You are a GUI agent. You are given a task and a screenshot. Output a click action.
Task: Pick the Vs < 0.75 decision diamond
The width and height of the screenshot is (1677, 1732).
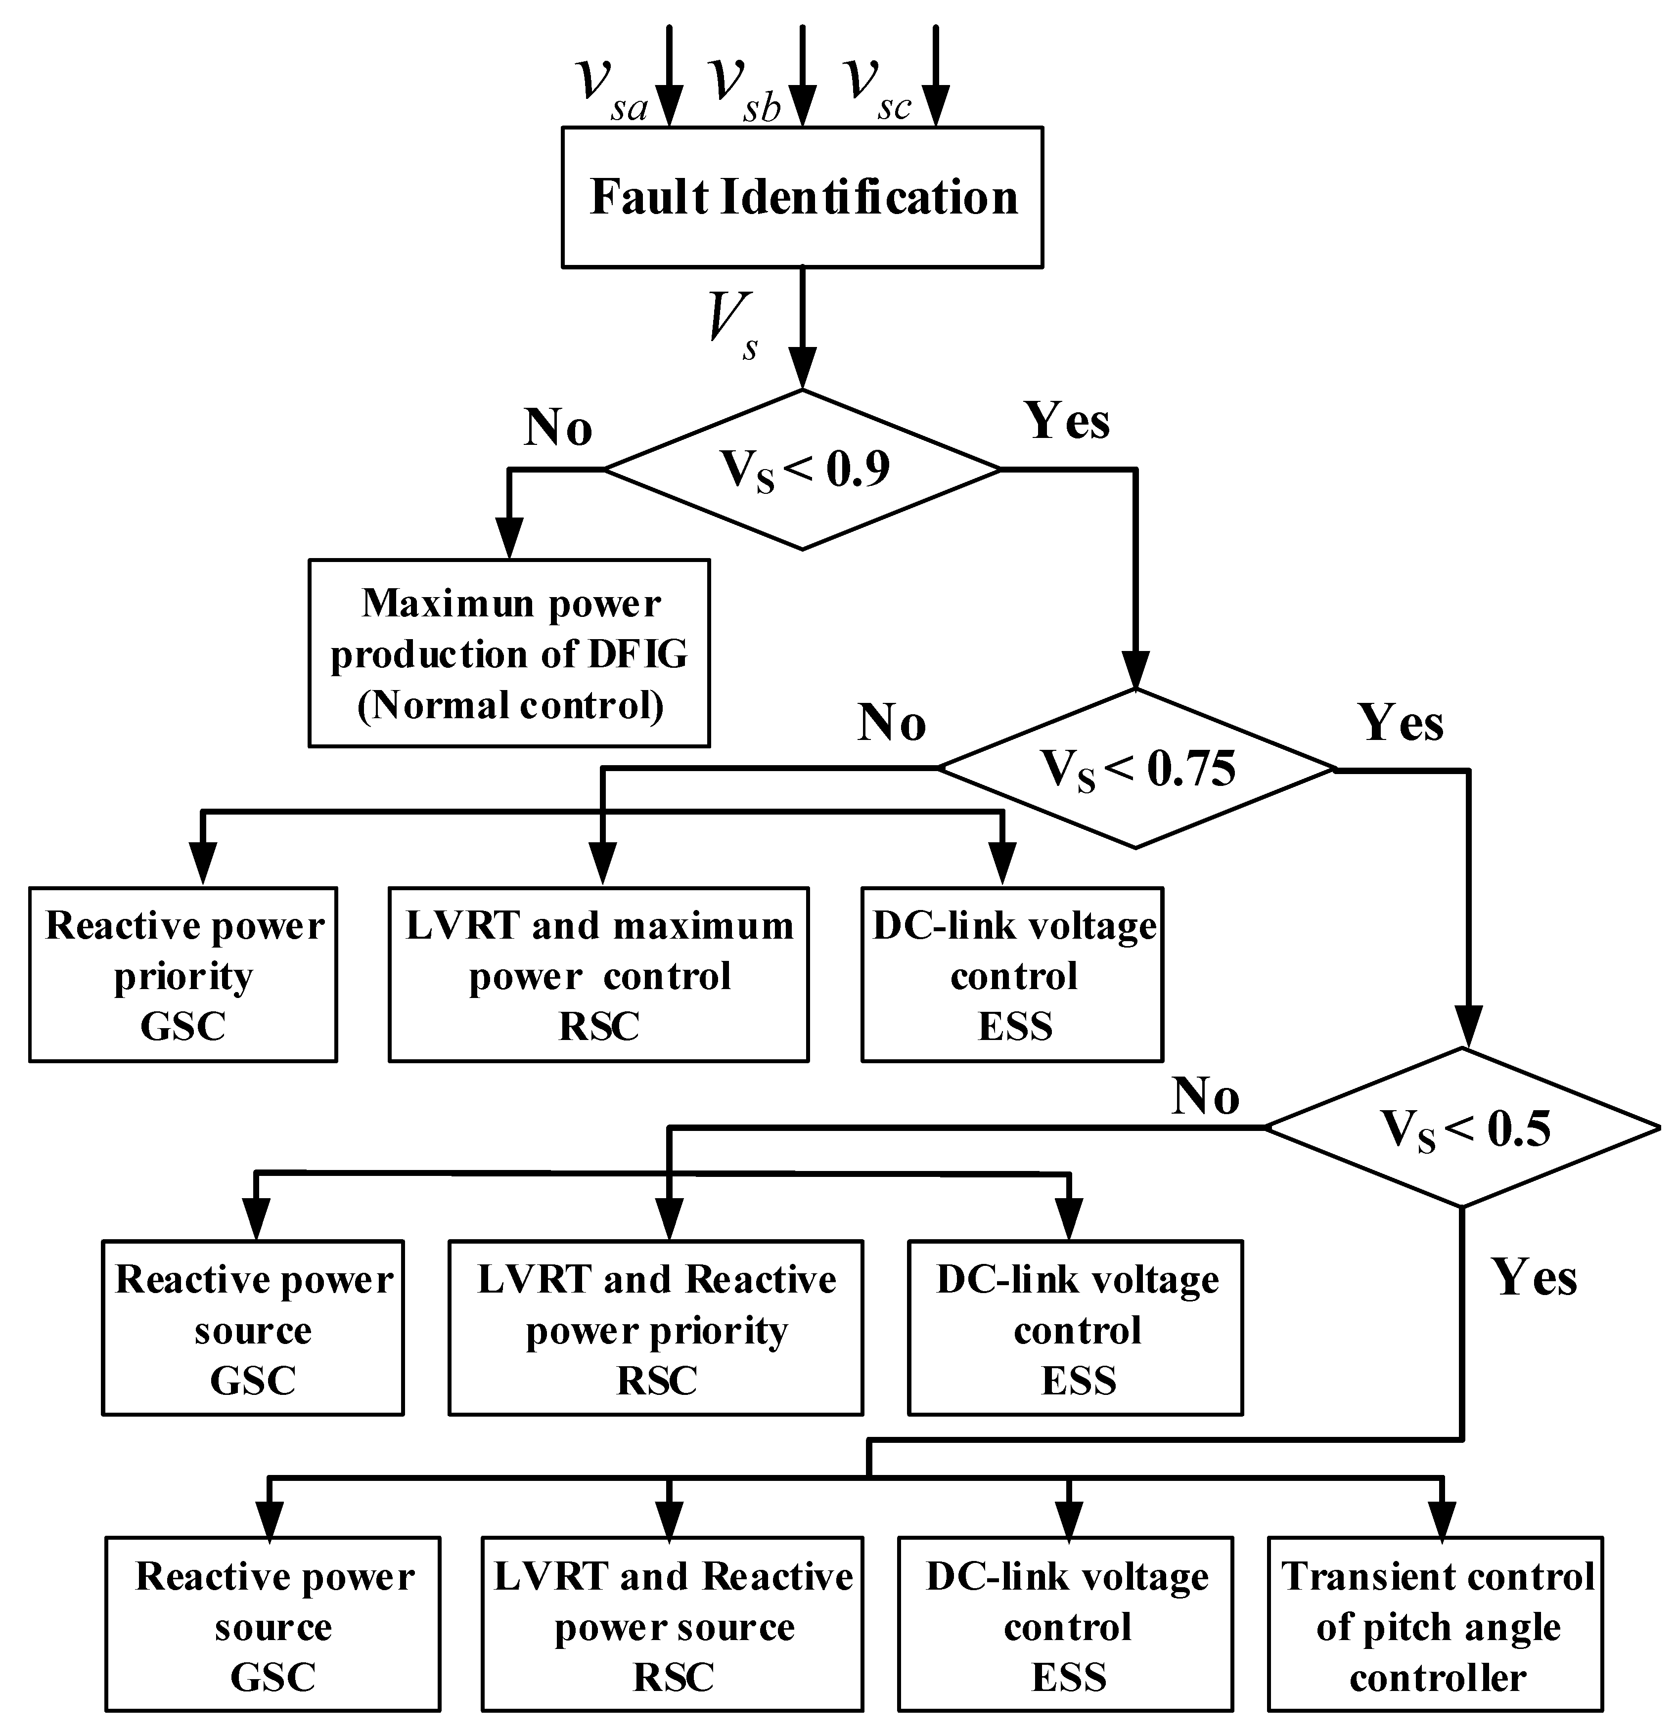tap(1136, 769)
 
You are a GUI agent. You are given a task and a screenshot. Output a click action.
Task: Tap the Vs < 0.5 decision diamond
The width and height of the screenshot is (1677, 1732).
tap(1463, 1127)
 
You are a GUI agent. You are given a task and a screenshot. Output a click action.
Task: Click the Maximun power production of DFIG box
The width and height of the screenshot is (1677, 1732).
tap(509, 653)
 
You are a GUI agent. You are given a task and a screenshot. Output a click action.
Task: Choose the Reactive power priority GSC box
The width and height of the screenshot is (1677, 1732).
tap(183, 975)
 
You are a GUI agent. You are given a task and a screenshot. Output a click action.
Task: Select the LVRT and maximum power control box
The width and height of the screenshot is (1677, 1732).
tap(598, 975)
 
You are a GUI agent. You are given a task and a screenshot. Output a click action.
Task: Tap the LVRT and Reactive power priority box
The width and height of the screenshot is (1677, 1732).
tap(656, 1328)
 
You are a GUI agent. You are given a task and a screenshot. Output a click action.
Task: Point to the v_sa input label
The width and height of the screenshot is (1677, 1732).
tap(612, 89)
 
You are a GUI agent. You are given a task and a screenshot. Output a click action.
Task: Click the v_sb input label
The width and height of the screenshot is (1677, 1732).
tap(746, 89)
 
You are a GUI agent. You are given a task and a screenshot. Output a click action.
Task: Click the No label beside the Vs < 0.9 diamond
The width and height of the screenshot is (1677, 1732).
tap(558, 428)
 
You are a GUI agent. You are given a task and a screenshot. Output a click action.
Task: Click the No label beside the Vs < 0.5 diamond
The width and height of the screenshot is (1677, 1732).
tap(1206, 1097)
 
